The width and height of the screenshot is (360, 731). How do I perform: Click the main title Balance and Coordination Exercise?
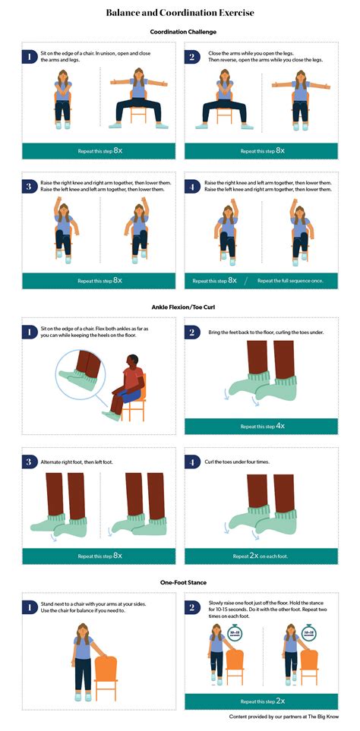click(x=180, y=13)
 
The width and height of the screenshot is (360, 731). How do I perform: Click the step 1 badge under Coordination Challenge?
click(x=28, y=57)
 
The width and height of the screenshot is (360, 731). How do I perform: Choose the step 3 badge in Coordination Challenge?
click(x=28, y=186)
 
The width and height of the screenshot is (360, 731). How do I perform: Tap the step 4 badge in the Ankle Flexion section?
click(x=193, y=462)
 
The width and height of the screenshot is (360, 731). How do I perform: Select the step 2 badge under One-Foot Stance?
click(x=193, y=606)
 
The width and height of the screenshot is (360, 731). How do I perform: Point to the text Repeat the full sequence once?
click(x=290, y=280)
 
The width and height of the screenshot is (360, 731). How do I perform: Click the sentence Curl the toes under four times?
click(x=240, y=462)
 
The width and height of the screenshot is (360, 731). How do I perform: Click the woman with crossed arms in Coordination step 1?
click(x=62, y=99)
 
